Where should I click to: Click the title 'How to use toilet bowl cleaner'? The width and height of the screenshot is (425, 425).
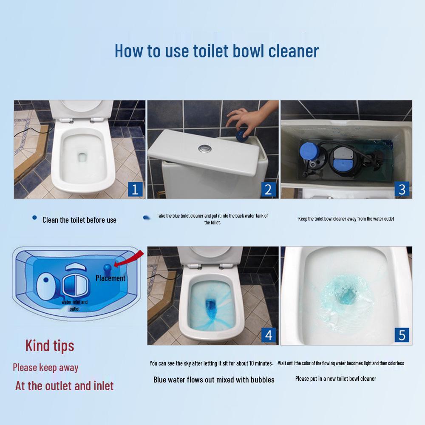[216, 51]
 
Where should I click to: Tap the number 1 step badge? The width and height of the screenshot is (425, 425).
[135, 189]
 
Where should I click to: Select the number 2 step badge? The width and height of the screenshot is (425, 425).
[268, 189]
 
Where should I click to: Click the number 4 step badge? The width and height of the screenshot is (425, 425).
[268, 334]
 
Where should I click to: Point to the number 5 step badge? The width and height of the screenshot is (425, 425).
[401, 334]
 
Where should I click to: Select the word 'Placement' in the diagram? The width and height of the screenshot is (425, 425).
[110, 278]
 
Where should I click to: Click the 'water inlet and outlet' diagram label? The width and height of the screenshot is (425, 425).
[74, 305]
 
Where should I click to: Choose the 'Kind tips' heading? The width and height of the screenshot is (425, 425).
[50, 346]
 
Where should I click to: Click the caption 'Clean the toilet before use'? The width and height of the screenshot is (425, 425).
[79, 220]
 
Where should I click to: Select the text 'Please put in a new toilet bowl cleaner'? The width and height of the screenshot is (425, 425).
[335, 379]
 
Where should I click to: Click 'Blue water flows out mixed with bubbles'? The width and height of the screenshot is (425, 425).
[214, 380]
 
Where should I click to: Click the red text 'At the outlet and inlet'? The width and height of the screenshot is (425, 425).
[64, 386]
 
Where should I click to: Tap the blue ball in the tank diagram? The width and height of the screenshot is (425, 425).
[107, 268]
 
